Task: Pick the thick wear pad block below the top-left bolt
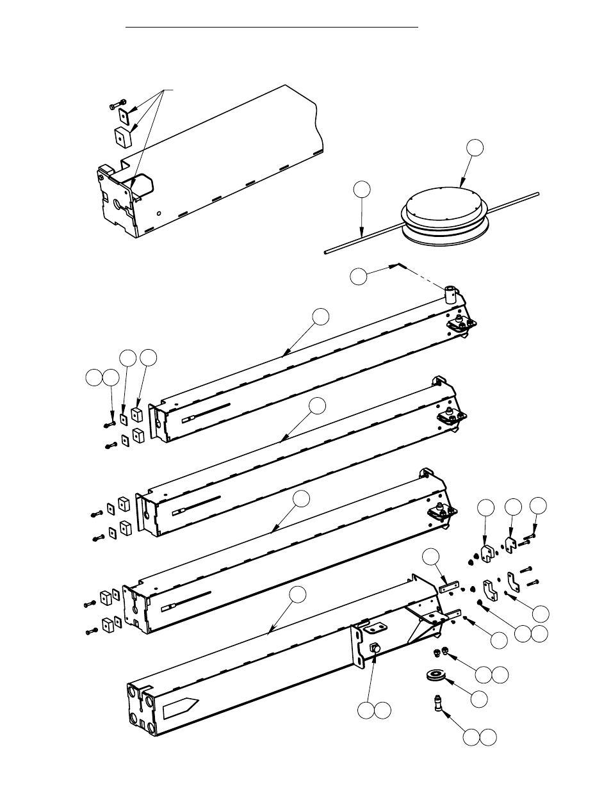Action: tap(123, 136)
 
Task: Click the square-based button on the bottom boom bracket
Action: tap(376, 649)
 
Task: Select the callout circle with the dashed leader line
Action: tap(359, 276)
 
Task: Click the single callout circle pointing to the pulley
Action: tap(478, 699)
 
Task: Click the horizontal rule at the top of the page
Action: tap(272, 28)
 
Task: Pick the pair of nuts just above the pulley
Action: tap(440, 653)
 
